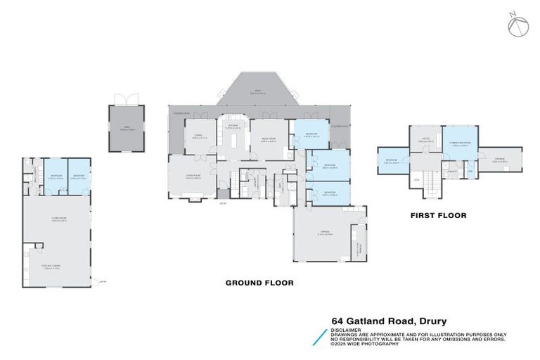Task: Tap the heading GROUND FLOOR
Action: (259, 283)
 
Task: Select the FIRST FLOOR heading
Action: (439, 215)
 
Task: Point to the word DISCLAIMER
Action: (347, 330)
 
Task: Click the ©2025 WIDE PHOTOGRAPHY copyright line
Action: (365, 343)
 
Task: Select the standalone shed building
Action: (126, 129)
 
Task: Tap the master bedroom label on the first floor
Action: (460, 146)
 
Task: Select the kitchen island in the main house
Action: (233, 141)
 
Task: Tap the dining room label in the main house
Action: (198, 136)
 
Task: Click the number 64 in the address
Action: (338, 321)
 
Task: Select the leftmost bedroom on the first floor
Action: (392, 161)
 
